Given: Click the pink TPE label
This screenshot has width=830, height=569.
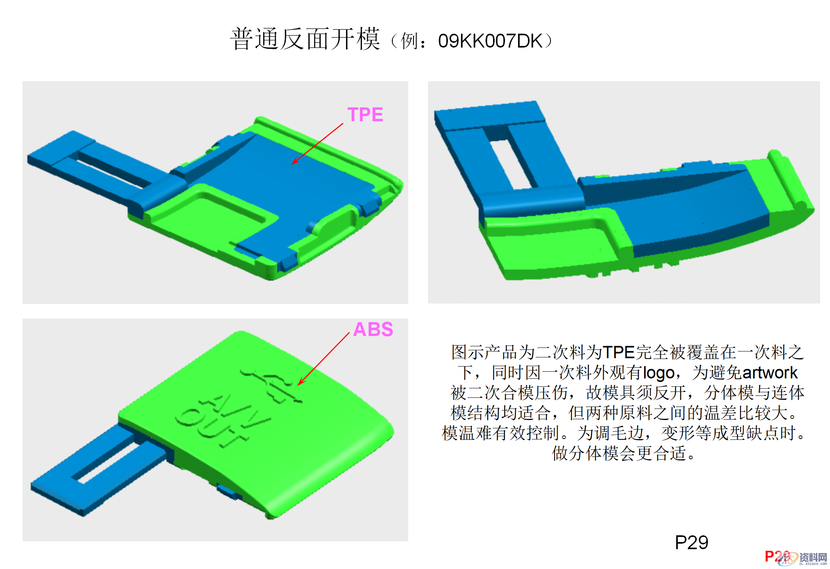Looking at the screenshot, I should pos(365,115).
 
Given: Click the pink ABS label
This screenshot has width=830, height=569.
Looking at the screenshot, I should pos(373,330).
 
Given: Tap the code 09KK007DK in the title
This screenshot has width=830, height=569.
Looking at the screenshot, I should pos(490,41).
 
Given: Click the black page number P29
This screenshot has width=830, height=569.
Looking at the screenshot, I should pos(691,542).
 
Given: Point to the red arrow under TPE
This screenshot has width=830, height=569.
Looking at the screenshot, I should pos(317,143).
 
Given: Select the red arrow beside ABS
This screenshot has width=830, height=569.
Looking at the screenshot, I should pos(323,359).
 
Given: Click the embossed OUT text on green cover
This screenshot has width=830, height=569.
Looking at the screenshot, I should pos(210,428).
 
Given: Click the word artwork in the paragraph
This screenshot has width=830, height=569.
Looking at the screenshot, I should pos(769,373).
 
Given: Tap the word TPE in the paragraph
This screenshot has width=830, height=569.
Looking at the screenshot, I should pos(619,352).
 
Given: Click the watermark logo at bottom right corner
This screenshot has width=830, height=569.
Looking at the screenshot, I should pos(805,558).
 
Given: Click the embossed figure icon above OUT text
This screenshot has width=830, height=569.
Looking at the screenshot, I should pos(273,386).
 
